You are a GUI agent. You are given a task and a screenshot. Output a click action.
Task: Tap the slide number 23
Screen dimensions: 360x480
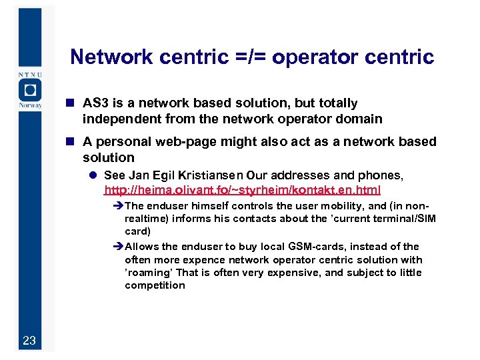coord(29,341)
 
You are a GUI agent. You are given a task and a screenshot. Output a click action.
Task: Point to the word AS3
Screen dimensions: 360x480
coord(94,103)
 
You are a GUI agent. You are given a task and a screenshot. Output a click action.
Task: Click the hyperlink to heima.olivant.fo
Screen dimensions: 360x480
coord(243,190)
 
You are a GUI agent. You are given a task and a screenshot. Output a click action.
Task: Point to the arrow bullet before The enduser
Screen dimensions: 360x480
coord(119,205)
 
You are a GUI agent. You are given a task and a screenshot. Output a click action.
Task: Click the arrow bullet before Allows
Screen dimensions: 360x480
coord(119,247)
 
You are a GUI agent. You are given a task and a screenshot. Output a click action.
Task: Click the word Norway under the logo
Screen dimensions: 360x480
coord(30,105)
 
